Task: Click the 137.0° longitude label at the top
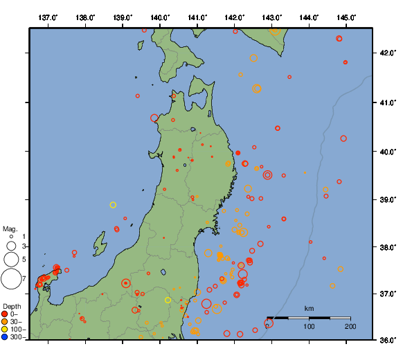pyautogui.click(x=48, y=17)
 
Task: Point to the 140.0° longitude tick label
pyautogui.click(x=160, y=17)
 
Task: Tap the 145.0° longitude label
pyautogui.click(x=346, y=17)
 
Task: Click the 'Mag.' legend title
pyautogui.click(x=10, y=228)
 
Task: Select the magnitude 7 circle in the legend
pyautogui.click(x=11, y=279)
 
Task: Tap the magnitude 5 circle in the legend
pyautogui.click(x=11, y=259)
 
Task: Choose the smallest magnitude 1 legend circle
pyautogui.click(x=11, y=237)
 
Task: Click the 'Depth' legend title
pyautogui.click(x=12, y=306)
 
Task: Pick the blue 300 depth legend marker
pyautogui.click(x=5, y=337)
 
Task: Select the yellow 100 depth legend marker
pyautogui.click(x=5, y=330)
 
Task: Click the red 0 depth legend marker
pyautogui.click(x=5, y=314)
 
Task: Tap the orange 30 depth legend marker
pyautogui.click(x=5, y=322)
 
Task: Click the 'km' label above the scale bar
pyautogui.click(x=309, y=308)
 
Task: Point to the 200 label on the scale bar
pyautogui.click(x=350, y=326)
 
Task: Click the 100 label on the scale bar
pyautogui.click(x=309, y=326)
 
